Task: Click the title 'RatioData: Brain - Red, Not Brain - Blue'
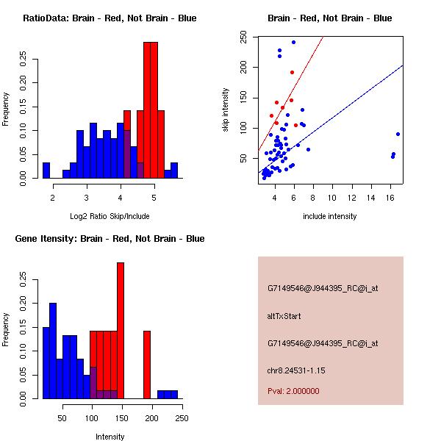click(x=110, y=18)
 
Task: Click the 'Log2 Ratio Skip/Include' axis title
click(x=110, y=216)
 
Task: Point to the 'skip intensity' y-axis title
click(x=226, y=110)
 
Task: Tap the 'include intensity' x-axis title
click(x=330, y=216)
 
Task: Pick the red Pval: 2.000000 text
click(x=293, y=391)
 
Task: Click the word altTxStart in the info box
click(x=284, y=316)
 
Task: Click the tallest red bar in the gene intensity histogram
click(x=121, y=331)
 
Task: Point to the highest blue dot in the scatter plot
click(x=293, y=42)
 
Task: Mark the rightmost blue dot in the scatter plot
click(x=398, y=134)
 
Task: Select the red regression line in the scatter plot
click(x=294, y=95)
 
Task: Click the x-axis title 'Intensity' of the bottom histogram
click(x=110, y=437)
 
